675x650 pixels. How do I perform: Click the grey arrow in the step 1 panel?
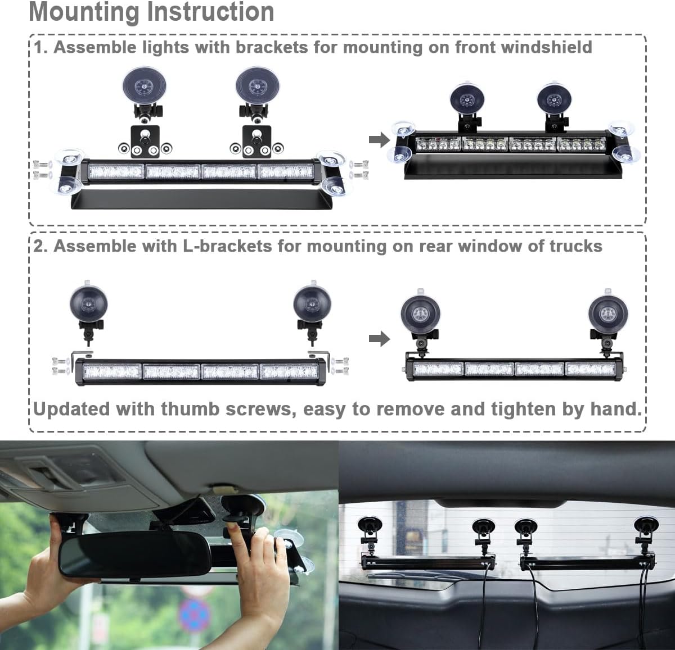pos(379,139)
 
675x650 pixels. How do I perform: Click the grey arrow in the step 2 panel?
pos(379,339)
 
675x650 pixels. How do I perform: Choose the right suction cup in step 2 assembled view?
pos(607,313)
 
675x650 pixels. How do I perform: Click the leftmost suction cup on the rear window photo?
pos(371,526)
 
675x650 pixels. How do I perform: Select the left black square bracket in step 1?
pos(145,142)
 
